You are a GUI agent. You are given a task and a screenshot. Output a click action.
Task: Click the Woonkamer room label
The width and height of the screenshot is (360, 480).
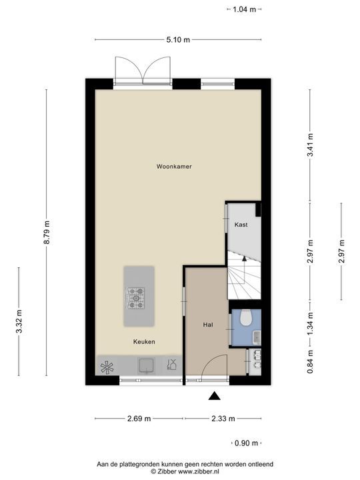click(174, 167)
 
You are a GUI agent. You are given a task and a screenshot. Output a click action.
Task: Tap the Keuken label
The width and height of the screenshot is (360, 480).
click(144, 341)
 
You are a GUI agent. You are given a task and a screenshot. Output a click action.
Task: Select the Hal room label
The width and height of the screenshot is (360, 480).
click(208, 325)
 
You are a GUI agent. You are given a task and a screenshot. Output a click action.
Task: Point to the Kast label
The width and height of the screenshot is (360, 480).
click(241, 225)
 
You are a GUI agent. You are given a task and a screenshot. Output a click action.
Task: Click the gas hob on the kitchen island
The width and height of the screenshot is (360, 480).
click(136, 298)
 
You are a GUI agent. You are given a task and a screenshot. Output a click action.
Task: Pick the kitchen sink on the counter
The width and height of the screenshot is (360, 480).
click(146, 365)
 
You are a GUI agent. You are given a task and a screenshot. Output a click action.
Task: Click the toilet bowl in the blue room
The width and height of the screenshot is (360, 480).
click(246, 318)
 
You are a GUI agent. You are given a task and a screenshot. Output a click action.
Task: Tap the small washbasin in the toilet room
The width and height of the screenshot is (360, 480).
click(257, 337)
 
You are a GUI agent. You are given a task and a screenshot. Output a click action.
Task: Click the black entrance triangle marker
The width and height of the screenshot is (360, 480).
click(214, 396)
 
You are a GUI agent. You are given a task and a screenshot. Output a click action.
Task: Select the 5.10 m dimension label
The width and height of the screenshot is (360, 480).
click(178, 40)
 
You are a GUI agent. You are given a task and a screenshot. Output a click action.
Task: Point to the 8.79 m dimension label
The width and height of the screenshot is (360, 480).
click(47, 233)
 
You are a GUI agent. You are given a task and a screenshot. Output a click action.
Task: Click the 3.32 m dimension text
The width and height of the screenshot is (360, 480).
click(19, 321)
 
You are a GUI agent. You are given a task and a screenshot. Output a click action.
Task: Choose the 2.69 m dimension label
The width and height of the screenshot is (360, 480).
click(139, 419)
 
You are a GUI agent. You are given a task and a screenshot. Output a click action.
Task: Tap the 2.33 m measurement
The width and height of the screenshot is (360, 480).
click(223, 419)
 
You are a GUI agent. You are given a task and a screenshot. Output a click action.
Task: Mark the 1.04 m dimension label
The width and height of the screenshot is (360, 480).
click(244, 9)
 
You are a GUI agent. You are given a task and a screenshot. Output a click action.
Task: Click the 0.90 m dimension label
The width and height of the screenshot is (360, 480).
click(247, 443)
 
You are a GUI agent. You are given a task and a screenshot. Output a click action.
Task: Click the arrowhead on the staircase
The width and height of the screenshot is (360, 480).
click(244, 259)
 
